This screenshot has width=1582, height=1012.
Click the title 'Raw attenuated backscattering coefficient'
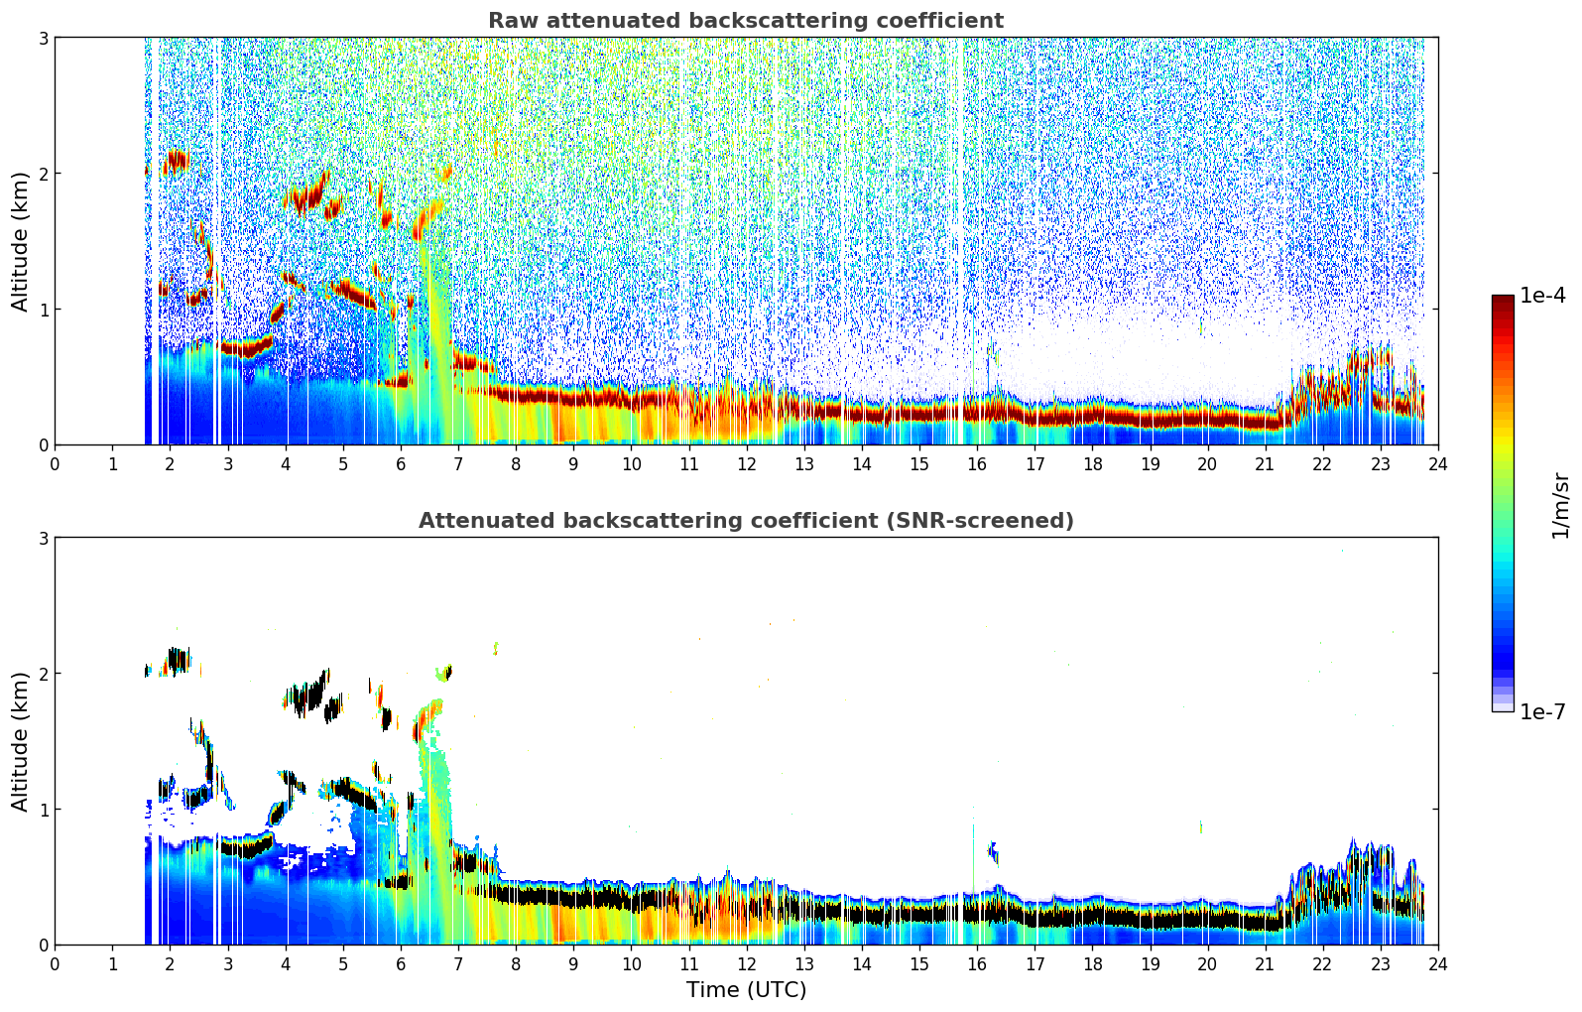[745, 21]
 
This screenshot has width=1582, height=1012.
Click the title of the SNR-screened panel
[745, 521]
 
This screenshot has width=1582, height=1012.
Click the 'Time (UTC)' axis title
[746, 990]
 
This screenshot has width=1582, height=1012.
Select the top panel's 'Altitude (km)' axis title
[21, 241]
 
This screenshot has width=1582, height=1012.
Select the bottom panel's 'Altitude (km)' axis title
[21, 741]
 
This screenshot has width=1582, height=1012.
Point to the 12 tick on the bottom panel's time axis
[746, 963]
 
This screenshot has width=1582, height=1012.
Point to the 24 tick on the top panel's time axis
[1437, 463]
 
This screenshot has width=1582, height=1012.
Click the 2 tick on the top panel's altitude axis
[43, 174]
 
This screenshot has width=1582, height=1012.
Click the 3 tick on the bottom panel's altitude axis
[43, 538]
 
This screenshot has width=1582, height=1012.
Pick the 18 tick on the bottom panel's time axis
[1092, 963]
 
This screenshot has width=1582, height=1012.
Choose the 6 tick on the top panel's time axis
[401, 463]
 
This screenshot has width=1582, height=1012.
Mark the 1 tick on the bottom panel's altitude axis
[43, 810]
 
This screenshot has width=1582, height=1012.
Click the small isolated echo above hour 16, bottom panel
[993, 851]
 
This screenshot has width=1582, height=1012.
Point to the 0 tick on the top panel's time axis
[55, 463]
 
